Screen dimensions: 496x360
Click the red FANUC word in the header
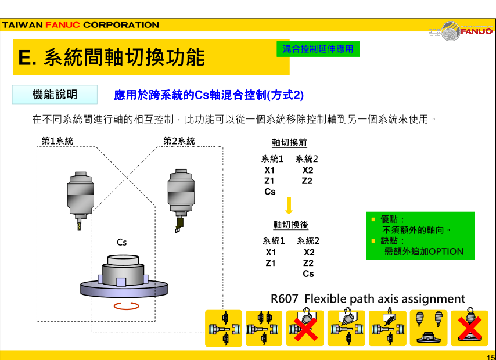62,25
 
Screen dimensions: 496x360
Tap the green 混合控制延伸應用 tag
318,49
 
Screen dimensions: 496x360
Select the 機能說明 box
55,94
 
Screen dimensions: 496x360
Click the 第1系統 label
57,141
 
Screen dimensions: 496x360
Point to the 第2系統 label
179,141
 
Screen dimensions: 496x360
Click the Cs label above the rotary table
122,242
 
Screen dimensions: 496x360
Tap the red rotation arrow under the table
127,306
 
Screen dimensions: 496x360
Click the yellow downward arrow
289,206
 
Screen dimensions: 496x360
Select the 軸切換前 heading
289,143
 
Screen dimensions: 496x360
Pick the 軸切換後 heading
291,225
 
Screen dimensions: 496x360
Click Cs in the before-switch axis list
270,192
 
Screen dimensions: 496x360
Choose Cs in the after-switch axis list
308,273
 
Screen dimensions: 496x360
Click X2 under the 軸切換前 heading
307,170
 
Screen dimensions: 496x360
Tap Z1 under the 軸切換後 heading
271,263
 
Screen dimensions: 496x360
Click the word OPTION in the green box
446,251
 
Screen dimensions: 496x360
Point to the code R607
285,298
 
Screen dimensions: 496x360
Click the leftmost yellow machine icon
224,329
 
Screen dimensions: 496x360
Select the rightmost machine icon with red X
469,327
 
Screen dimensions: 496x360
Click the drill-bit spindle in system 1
80,200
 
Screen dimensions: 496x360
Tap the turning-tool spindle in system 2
181,200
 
